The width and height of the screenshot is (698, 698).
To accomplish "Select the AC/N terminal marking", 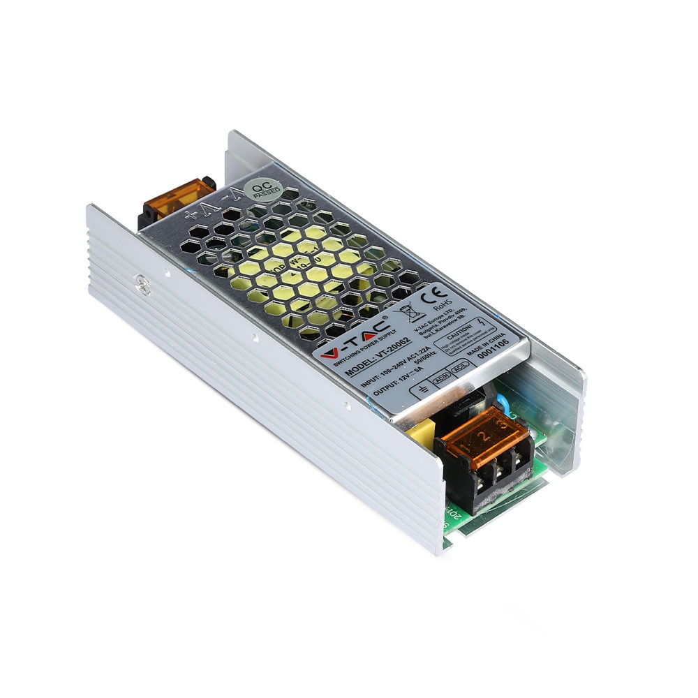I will (441, 380).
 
